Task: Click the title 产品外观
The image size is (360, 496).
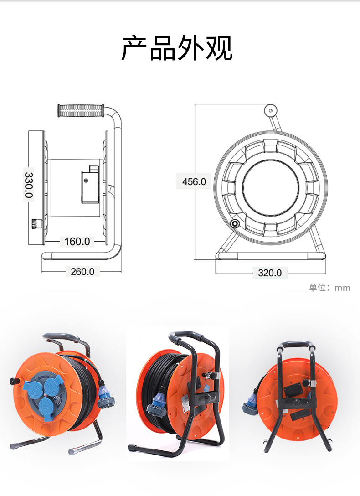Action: (177, 48)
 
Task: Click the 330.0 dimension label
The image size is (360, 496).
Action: (29, 185)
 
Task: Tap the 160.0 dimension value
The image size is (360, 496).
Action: (77, 242)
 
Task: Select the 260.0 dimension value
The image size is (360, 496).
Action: (82, 272)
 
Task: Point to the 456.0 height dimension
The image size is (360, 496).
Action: (194, 181)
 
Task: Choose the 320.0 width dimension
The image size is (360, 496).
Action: (270, 273)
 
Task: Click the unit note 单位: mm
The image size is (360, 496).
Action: (329, 288)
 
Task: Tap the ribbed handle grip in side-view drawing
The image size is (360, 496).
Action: (81, 110)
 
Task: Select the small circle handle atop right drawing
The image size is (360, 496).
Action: (271, 111)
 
